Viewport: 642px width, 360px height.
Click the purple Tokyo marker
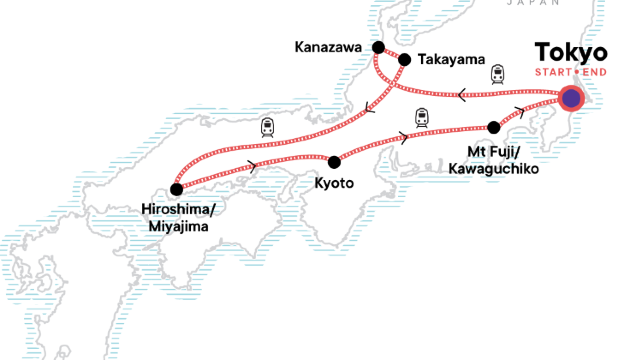click(571, 98)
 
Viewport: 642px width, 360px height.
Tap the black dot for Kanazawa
click(378, 47)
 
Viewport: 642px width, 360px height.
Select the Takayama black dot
click(405, 60)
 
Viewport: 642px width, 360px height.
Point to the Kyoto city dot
click(334, 161)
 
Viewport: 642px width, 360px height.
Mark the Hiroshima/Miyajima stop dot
click(176, 189)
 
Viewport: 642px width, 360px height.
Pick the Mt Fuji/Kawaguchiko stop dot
click(493, 127)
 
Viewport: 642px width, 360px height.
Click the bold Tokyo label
click(571, 52)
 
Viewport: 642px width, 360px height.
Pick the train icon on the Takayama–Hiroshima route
click(267, 127)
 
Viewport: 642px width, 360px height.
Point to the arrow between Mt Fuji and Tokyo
click(518, 109)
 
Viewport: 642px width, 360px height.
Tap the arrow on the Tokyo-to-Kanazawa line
click(462, 96)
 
